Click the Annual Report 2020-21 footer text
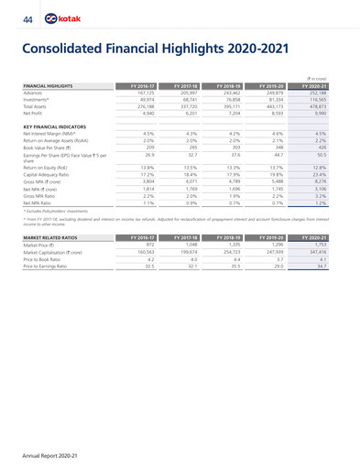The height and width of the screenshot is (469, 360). coord(43,451)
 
